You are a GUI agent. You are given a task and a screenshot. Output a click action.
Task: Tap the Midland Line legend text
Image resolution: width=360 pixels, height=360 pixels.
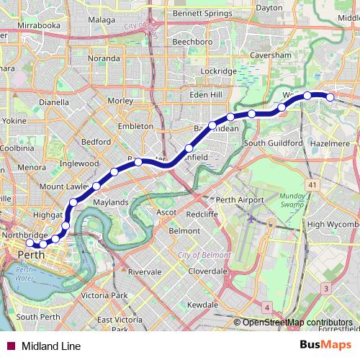tap(51, 346)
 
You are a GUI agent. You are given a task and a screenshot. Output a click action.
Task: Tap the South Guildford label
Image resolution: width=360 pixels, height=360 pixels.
tap(273, 143)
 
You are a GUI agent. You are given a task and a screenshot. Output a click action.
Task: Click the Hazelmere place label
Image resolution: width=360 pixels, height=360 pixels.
tap(331, 144)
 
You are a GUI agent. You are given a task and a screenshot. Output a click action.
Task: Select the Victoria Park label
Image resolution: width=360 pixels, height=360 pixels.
tap(104, 296)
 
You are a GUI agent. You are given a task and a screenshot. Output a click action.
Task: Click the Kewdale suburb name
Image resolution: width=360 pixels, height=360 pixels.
tap(202, 305)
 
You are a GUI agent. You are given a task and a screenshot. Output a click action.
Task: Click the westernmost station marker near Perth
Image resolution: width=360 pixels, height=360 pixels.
tap(29, 243)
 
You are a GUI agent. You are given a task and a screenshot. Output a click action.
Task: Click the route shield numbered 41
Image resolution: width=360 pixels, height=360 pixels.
tap(312, 186)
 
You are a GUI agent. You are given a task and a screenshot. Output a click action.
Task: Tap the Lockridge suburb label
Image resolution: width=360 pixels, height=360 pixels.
tap(219, 71)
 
